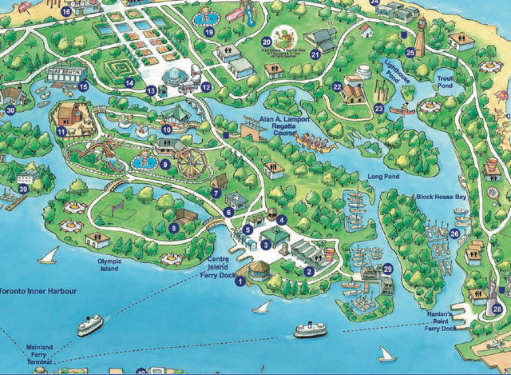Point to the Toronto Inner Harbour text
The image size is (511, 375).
coord(38,291)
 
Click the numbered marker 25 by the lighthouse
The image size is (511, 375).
coord(410,53)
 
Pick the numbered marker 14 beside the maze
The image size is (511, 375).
coord(129,82)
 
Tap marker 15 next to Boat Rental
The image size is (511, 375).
coord(83,86)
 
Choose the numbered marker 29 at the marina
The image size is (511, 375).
coord(388,269)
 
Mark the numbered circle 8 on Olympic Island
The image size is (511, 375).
coord(174,228)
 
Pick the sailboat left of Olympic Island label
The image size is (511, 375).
coord(49,255)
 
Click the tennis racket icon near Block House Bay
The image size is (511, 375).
coord(494,192)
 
